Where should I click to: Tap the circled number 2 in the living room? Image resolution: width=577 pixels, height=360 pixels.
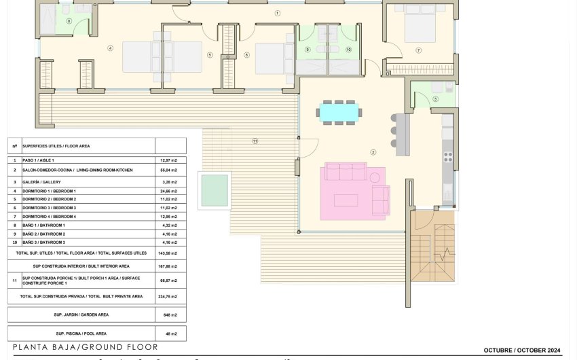coord(373,152)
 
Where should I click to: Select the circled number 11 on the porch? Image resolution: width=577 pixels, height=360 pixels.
coord(255,141)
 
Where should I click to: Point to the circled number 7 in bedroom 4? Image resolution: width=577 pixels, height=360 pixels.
coord(419,50)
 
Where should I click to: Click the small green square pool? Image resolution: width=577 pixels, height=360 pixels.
coord(213,190)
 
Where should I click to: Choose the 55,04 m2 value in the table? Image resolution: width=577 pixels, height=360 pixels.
coord(170,170)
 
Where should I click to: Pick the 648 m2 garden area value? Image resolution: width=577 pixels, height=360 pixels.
coord(170,315)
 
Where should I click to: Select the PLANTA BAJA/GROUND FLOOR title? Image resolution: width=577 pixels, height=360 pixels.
coord(85,348)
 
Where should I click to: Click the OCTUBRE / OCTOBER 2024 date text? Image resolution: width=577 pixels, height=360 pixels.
coord(522,350)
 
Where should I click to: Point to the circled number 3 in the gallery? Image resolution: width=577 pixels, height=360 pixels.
coord(435,99)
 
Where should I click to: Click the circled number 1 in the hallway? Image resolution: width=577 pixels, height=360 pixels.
coord(277,13)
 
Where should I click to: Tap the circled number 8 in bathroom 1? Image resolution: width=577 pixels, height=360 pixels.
coord(69,21)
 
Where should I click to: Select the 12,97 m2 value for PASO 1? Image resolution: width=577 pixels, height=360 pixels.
coord(170,160)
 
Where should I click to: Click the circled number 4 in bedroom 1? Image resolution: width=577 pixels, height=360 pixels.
coord(110,48)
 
